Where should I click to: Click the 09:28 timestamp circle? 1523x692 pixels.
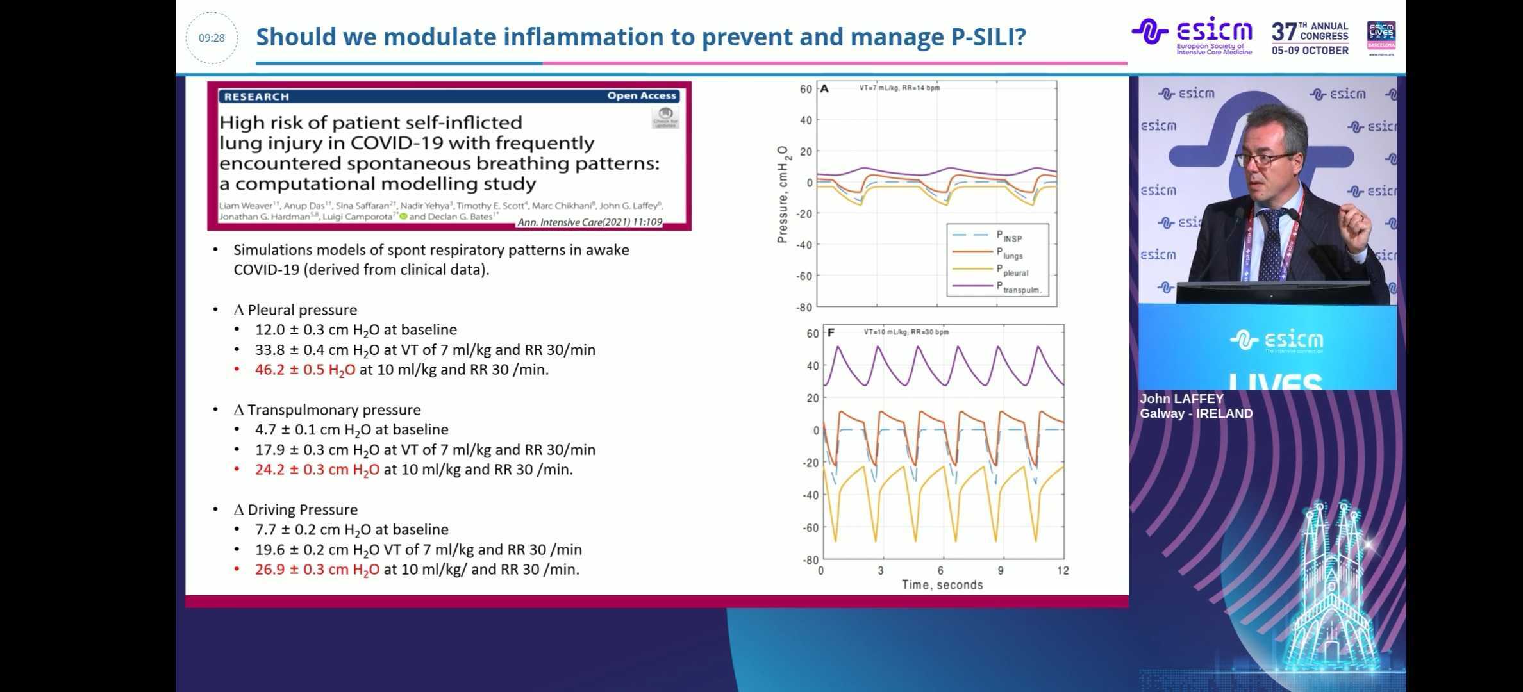pyautogui.click(x=212, y=38)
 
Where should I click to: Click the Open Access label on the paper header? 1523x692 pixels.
pyautogui.click(x=642, y=96)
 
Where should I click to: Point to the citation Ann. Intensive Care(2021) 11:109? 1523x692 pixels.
pyautogui.click(x=589, y=222)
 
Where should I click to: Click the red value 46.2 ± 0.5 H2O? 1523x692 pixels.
pyautogui.click(x=305, y=370)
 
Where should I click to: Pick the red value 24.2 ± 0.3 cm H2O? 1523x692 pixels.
pyautogui.click(x=317, y=470)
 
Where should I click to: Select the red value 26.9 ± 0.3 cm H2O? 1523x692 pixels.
pyautogui.click(x=317, y=570)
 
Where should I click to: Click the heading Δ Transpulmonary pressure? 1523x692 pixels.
pyautogui.click(x=328, y=410)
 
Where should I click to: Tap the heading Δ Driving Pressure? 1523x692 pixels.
pyautogui.click(x=295, y=510)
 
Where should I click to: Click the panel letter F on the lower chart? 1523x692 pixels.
pyautogui.click(x=831, y=333)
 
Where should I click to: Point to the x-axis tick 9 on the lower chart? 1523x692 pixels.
pyautogui.click(x=1001, y=570)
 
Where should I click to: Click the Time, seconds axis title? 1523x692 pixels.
pyautogui.click(x=942, y=585)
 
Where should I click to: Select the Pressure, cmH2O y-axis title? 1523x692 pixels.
pyautogui.click(x=783, y=195)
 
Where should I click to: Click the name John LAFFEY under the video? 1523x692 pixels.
pyautogui.click(x=1181, y=399)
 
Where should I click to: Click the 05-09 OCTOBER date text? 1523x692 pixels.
pyautogui.click(x=1310, y=51)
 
